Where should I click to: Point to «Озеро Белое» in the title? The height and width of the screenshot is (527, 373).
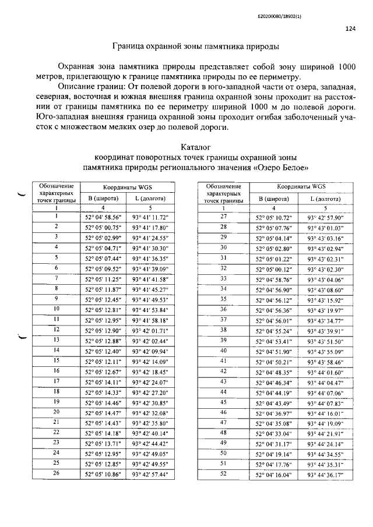[x=283, y=168]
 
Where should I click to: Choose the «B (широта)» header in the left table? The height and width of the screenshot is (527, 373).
[x=103, y=198]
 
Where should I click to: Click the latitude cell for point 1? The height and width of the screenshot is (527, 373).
[x=103, y=216]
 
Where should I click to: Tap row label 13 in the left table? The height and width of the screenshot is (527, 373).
[x=57, y=339]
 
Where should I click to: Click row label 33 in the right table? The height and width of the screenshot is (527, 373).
[x=223, y=278]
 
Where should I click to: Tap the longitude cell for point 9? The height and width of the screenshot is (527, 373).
[x=151, y=299]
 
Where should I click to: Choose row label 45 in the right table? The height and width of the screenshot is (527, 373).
[x=223, y=402]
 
